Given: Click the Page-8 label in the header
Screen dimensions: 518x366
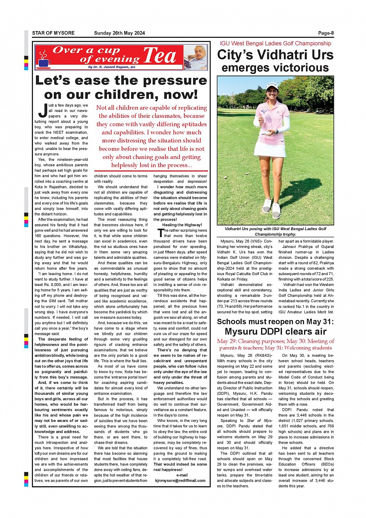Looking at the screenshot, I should (x=326, y=33).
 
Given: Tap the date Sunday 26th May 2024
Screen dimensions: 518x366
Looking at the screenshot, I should (x=119, y=33).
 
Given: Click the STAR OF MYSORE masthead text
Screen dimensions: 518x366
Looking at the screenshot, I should (x=53, y=33).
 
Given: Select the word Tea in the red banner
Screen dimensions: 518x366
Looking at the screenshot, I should (x=160, y=56).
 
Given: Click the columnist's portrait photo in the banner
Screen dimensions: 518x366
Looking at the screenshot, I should (x=195, y=57).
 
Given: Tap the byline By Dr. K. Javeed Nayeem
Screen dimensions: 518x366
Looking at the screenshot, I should (x=112, y=67).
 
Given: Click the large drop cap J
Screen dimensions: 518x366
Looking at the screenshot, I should (x=43, y=111).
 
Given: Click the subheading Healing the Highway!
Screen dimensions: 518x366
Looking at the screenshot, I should (x=182, y=225).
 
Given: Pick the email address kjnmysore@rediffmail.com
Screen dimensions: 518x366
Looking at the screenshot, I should (x=180, y=480).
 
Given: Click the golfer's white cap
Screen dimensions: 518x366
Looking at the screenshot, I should (x=272, y=85).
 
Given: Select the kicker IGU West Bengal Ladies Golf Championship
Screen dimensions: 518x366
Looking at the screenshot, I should (x=275, y=43).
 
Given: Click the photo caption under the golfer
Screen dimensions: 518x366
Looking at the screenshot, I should (x=275, y=231).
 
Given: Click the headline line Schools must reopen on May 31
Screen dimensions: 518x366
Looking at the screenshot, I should (x=275, y=322).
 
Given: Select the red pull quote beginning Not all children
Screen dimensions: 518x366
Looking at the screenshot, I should (x=151, y=136).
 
